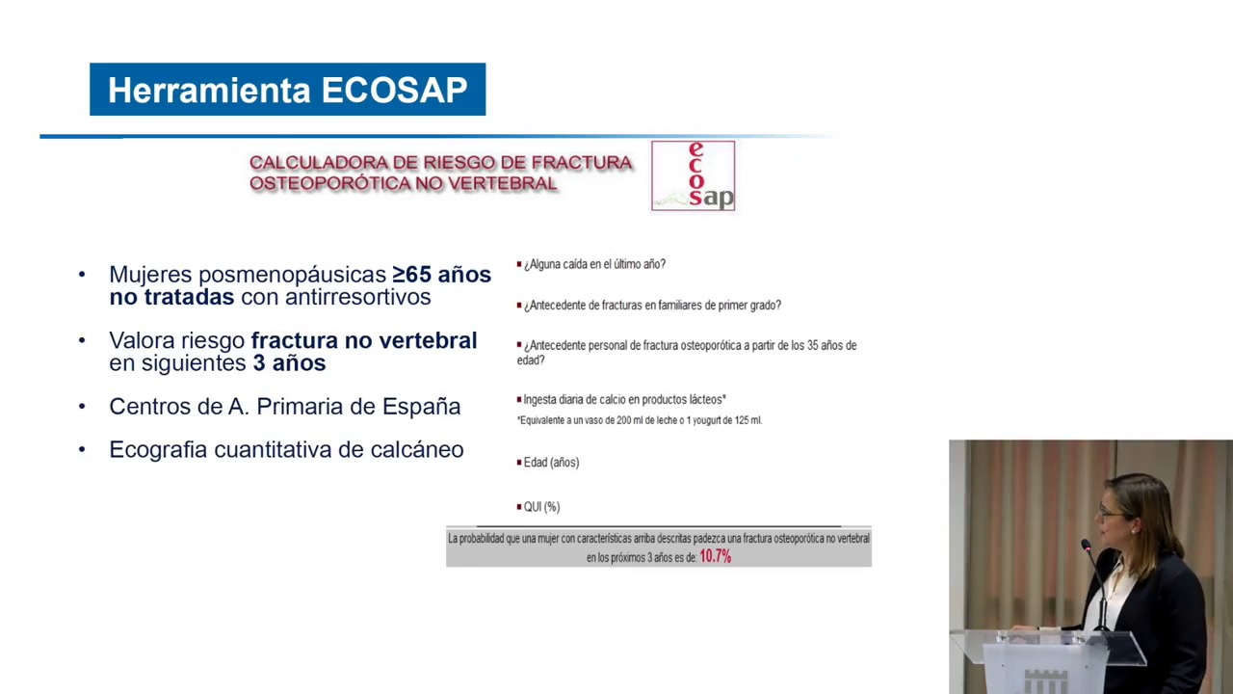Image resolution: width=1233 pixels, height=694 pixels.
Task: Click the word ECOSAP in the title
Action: pos(394,90)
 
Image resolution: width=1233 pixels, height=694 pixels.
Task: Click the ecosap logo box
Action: pos(693,175)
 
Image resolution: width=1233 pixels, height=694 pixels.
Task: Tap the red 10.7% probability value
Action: pos(715,557)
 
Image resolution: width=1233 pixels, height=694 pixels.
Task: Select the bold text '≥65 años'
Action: pos(441,275)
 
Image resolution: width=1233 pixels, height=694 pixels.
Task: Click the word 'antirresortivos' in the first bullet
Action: pos(336,297)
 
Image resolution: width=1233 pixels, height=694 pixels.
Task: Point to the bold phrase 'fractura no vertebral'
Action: pos(364,340)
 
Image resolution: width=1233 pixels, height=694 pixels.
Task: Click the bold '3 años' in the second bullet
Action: pos(289,363)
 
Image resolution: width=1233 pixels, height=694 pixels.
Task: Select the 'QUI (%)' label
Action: pos(541,507)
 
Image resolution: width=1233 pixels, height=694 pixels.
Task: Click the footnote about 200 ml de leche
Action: pos(640,420)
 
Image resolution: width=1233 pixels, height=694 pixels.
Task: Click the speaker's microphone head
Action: pos(1087,546)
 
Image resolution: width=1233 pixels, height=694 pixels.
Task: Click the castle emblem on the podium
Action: pos(1046,681)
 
